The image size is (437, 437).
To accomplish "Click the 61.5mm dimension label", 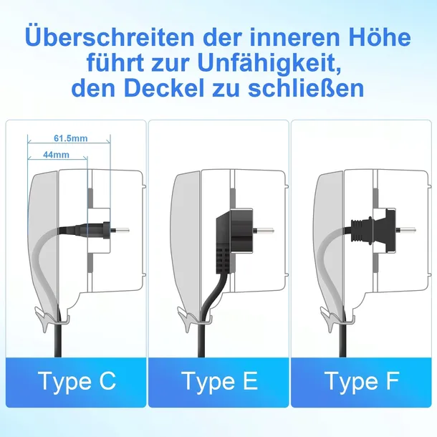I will [x=69, y=138].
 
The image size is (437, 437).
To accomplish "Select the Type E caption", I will [x=218, y=381].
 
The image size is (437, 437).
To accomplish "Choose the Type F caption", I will [x=362, y=381].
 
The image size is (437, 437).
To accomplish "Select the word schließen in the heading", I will [x=311, y=90].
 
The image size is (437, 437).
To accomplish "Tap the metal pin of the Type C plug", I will [x=123, y=231].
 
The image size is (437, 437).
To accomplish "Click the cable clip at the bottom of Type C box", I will [x=52, y=314].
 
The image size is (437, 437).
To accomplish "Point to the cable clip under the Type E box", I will [x=195, y=314].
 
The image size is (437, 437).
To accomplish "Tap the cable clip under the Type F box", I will [x=337, y=314].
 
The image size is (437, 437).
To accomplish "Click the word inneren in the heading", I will [x=283, y=37].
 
